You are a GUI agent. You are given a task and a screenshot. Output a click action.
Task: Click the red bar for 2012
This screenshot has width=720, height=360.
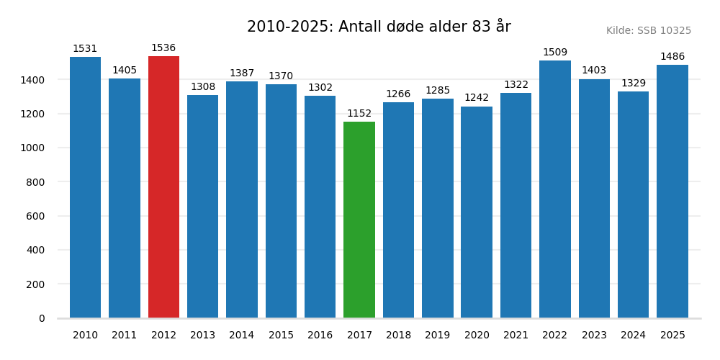tap(163, 187)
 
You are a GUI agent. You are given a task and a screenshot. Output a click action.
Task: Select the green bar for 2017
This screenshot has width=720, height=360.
tap(359, 220)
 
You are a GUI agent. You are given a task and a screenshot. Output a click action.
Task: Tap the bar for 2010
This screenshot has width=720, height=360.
tap(85, 187)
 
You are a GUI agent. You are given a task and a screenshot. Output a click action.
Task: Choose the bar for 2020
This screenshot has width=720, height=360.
tap(477, 212)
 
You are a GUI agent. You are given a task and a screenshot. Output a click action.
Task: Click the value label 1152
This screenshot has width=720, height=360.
tap(359, 114)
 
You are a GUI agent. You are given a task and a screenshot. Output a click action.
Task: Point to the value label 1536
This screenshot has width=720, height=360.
tap(163, 48)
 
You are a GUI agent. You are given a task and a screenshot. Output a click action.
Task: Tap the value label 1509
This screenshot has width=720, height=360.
tap(555, 53)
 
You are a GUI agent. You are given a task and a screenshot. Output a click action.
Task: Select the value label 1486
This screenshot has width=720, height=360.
tap(672, 57)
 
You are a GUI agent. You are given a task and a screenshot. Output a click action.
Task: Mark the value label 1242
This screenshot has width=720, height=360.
tap(477, 98)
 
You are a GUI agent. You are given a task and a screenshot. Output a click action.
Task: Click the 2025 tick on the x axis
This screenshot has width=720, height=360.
tap(672, 336)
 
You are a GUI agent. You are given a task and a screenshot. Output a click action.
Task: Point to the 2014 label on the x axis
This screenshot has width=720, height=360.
tap(242, 336)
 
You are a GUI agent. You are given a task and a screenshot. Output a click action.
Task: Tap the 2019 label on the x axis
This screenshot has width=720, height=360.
tap(438, 336)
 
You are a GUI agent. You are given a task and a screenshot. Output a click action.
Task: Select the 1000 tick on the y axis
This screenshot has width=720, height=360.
tap(32, 148)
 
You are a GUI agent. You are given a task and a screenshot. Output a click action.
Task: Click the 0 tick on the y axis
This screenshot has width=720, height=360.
tap(42, 318)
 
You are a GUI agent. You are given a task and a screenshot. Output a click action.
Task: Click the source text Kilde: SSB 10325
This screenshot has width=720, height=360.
tap(649, 31)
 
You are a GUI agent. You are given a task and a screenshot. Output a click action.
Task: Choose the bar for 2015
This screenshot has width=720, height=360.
tap(281, 201)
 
